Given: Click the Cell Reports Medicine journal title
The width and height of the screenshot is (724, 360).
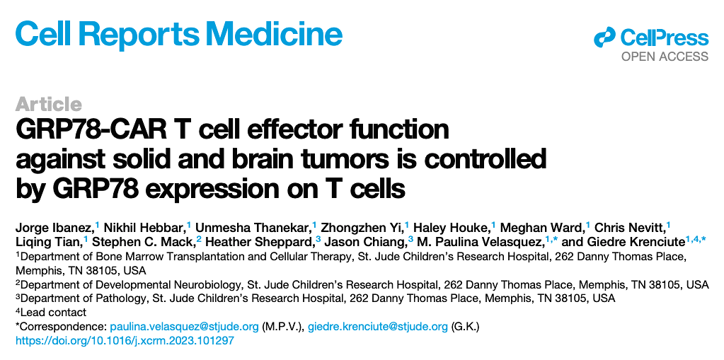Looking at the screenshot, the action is [x=178, y=33].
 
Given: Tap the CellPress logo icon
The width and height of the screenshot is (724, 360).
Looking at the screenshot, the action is [x=605, y=37].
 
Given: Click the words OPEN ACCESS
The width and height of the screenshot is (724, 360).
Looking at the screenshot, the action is [x=665, y=57].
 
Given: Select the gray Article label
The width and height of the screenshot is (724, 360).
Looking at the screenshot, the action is [x=49, y=104].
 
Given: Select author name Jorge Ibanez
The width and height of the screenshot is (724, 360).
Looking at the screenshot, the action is [x=54, y=228].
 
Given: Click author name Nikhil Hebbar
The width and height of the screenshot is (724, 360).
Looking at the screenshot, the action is [x=144, y=228].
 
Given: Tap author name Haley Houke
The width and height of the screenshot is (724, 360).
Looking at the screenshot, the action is [x=452, y=228].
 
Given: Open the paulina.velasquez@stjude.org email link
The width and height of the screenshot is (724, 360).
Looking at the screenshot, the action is [x=184, y=327].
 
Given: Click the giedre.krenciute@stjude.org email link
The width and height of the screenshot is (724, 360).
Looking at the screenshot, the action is [x=378, y=327].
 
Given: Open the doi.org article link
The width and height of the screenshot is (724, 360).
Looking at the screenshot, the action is [x=125, y=342].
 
